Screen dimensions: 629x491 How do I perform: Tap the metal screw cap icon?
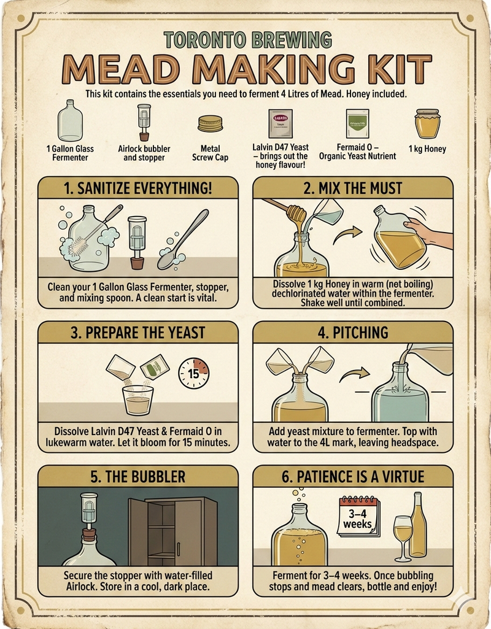[210, 124]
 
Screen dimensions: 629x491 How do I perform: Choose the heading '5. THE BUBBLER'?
[137, 476]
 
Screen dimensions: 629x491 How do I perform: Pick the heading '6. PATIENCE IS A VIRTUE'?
[352, 476]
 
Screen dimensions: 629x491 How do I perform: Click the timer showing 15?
[193, 373]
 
